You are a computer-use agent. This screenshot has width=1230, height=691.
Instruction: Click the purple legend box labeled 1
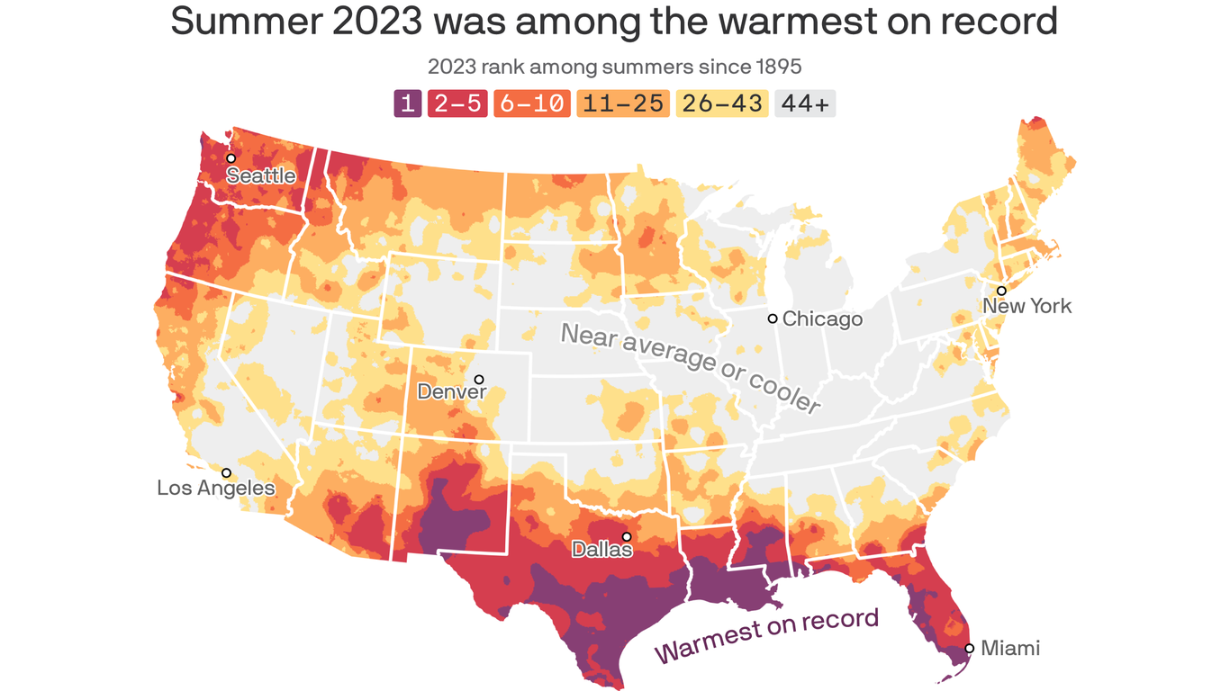point(407,103)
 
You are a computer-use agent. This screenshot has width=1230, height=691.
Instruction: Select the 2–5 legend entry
point(457,103)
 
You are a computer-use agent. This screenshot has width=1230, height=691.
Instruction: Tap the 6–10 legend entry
point(531,103)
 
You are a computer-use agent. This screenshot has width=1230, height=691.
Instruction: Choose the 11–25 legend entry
point(622,103)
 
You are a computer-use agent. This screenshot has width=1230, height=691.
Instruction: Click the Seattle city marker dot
point(231,157)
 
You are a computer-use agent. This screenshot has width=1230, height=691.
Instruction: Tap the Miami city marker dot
point(970,648)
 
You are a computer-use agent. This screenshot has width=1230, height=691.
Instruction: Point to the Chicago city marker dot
point(773,319)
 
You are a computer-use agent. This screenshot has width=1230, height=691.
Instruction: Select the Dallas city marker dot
point(627,537)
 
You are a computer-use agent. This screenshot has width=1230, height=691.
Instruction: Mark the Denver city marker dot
point(479,379)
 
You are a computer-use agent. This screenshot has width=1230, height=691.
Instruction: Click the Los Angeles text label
point(216,489)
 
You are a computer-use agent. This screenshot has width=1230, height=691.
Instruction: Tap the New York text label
point(1027,306)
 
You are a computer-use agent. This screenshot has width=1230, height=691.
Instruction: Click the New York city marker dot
point(1001,291)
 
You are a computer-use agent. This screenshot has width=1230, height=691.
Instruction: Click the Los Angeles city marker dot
point(226,472)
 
